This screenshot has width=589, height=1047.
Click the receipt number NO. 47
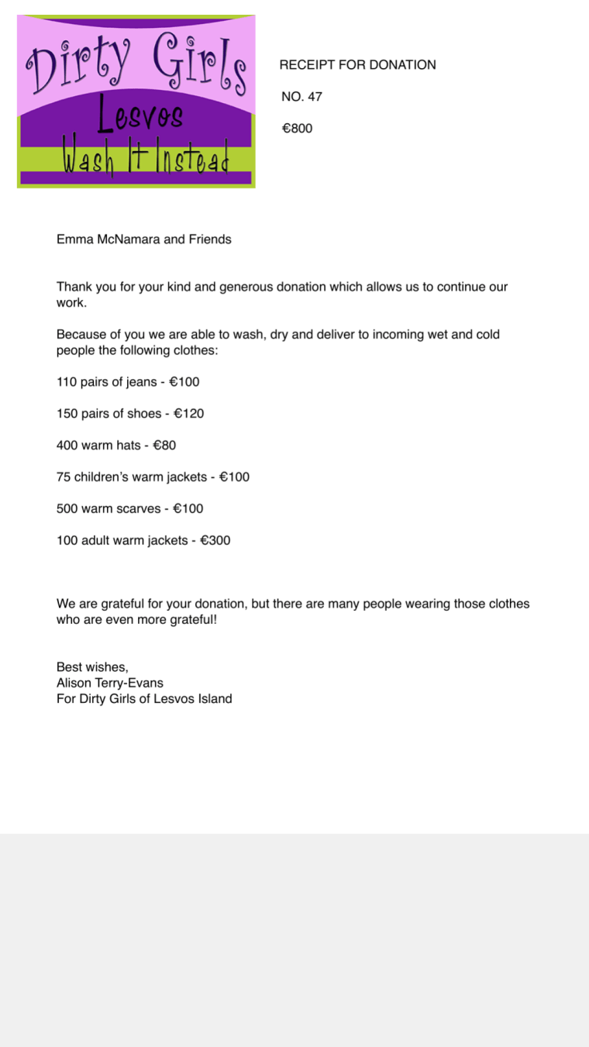point(301,97)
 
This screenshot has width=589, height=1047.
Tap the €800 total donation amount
point(298,129)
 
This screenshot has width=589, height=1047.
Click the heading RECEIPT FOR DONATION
point(357,65)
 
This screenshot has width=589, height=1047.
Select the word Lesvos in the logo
point(140,117)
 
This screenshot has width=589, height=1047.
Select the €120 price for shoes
point(188,414)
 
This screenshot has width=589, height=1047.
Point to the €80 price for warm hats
point(164,446)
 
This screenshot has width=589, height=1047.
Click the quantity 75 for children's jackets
point(64,477)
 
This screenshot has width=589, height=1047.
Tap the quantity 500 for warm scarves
point(67,509)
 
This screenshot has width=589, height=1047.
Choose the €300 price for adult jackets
point(215,541)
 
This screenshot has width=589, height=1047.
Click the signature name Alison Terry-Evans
point(110,684)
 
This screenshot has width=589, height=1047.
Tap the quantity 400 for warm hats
point(67,446)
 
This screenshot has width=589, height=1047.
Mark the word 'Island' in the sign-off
point(214,699)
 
